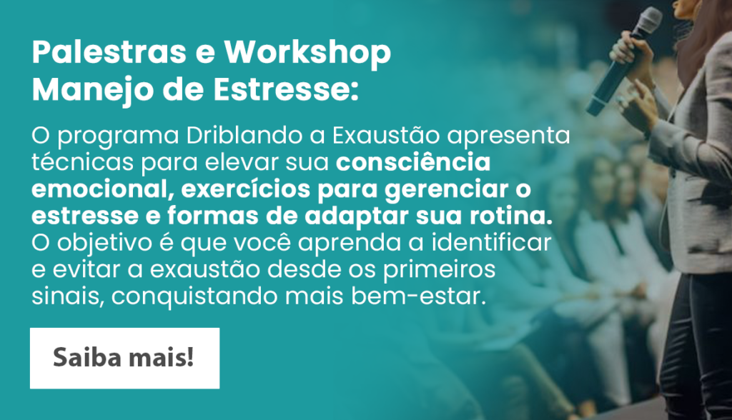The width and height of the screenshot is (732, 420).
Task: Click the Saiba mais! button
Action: (x=124, y=358)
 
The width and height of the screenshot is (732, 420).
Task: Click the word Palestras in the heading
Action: (x=109, y=51)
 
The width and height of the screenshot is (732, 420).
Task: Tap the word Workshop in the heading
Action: (x=307, y=53)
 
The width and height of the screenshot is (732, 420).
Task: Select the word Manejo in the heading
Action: (x=93, y=89)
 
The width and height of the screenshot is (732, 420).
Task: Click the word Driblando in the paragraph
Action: (x=244, y=135)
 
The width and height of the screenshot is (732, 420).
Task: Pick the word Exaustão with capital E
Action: (x=386, y=135)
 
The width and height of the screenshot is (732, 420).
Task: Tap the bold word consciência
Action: (x=413, y=162)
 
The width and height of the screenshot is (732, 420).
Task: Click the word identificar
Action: (x=490, y=243)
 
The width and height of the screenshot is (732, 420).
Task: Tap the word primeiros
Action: (x=439, y=270)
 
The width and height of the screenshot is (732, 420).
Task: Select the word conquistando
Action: (x=194, y=297)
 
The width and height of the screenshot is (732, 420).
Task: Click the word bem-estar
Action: (x=418, y=296)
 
